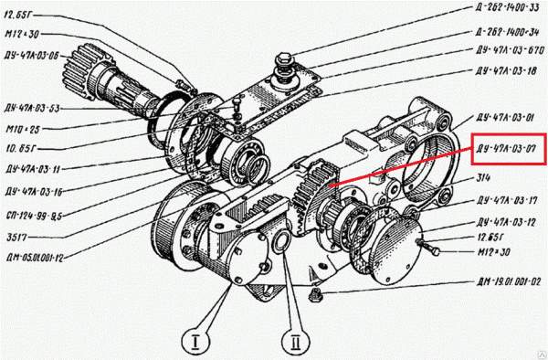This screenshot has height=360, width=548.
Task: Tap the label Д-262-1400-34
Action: (x=503, y=30)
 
